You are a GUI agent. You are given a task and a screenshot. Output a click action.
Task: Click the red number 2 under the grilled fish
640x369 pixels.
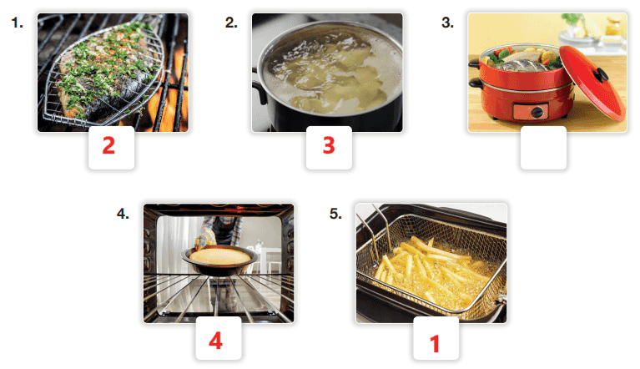[108, 146]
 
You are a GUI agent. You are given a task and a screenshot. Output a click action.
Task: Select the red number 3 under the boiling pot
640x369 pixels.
[329, 146]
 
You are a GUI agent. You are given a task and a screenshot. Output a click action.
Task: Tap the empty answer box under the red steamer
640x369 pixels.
[543, 148]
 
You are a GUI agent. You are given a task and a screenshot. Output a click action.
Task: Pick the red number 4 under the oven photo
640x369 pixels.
[215, 341]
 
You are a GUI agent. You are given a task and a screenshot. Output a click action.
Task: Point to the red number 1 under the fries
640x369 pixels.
[435, 344]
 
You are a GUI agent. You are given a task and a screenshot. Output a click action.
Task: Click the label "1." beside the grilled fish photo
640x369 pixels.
[18, 23]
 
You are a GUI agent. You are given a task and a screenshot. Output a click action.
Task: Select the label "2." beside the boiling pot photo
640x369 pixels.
[231, 23]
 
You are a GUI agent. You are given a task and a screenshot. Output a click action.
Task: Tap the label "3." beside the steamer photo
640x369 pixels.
[448, 23]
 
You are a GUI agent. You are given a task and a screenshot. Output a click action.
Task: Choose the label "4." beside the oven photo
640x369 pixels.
[123, 214]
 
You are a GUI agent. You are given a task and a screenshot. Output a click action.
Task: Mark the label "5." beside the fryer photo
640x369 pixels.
[336, 214]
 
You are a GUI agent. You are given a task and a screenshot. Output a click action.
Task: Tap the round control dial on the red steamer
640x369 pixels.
[538, 112]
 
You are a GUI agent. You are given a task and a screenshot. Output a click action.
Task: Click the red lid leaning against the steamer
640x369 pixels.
[592, 82]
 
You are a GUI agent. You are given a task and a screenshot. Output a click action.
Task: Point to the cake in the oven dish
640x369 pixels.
[220, 256]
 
